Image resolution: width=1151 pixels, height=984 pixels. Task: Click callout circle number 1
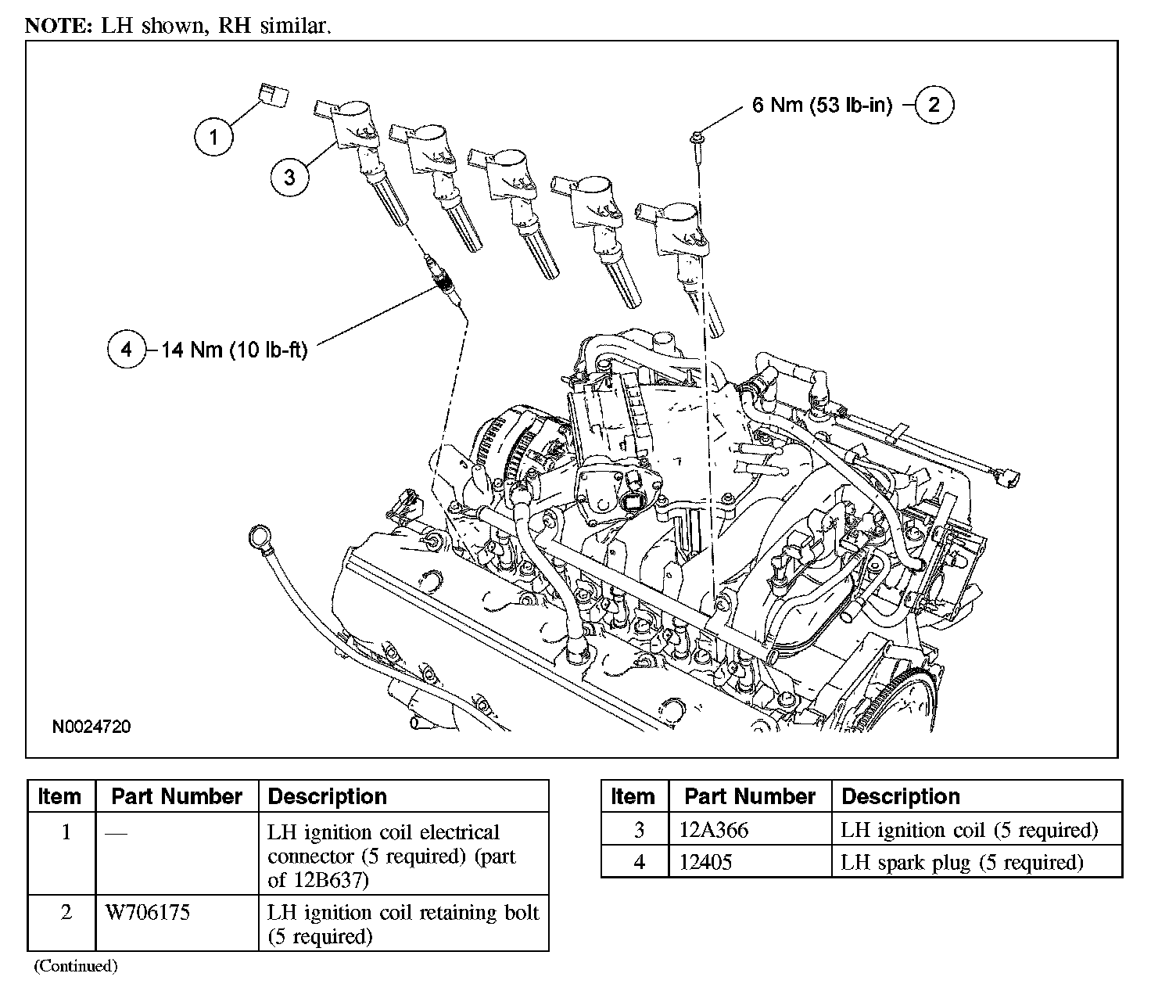tap(213, 138)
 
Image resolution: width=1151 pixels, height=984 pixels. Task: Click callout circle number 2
tap(934, 104)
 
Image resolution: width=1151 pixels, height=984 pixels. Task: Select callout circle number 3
tap(290, 176)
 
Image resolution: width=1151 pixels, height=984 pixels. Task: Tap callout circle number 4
tap(127, 349)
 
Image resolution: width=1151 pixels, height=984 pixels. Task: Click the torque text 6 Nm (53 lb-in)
tap(822, 105)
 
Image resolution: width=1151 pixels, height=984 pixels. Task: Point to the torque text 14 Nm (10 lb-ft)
tap(235, 350)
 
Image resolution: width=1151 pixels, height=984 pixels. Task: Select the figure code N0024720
tap(91, 727)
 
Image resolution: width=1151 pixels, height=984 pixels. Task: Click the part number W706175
tap(147, 912)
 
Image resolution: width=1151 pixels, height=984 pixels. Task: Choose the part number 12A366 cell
tap(714, 830)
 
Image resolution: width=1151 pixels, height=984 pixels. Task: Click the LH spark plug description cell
tap(962, 863)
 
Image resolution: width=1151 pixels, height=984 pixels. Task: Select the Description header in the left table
tap(327, 796)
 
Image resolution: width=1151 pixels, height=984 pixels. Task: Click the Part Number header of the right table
tap(749, 796)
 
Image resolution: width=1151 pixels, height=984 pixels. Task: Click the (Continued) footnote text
tap(75, 967)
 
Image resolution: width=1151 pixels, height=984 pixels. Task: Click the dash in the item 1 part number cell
tap(115, 832)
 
